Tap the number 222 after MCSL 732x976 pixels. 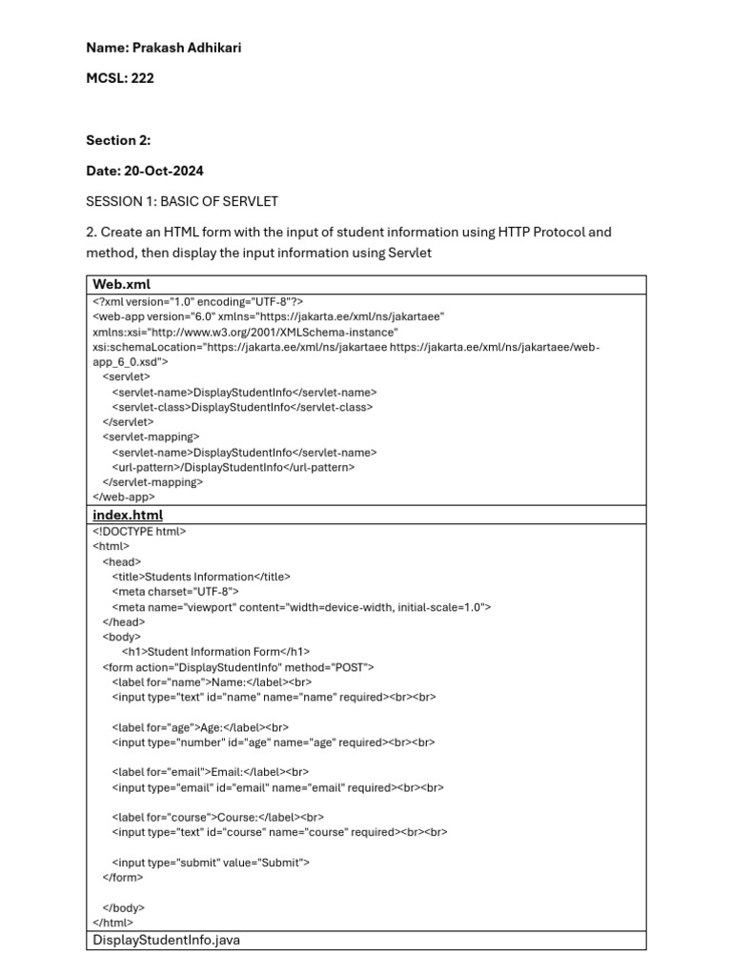tap(141, 78)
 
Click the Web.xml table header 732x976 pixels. tap(121, 284)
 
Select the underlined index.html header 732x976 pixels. tap(128, 515)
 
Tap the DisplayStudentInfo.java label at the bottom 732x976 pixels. tap(166, 940)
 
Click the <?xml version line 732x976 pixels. tap(197, 300)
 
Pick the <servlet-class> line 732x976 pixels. tap(242, 407)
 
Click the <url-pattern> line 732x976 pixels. tap(233, 467)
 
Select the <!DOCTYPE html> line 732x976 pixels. tap(139, 532)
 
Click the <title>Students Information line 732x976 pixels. tap(201, 577)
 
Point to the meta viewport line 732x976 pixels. tap(301, 607)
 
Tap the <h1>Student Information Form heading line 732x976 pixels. tap(216, 652)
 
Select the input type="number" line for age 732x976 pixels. tap(273, 742)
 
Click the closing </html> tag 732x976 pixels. tap(113, 922)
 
